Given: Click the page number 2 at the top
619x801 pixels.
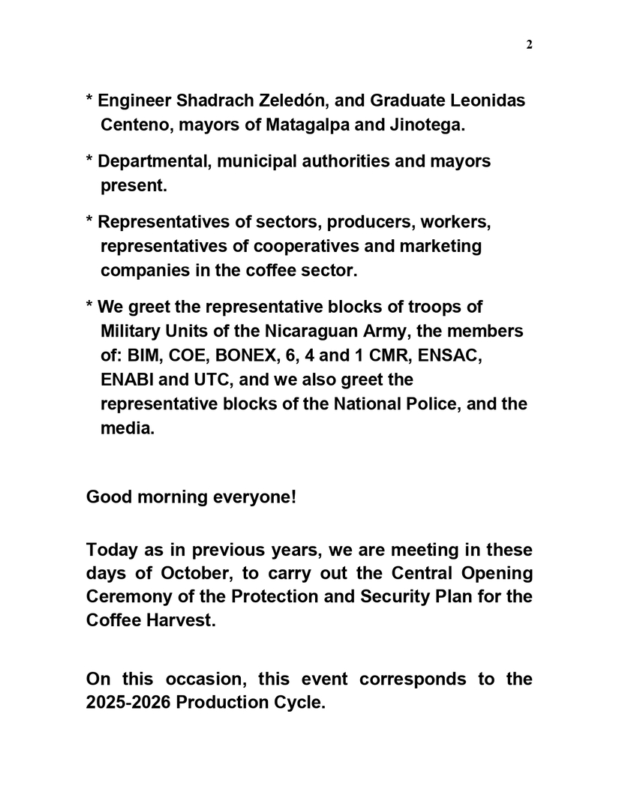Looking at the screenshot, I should click(529, 45).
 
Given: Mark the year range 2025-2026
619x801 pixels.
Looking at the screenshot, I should click(128, 703).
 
